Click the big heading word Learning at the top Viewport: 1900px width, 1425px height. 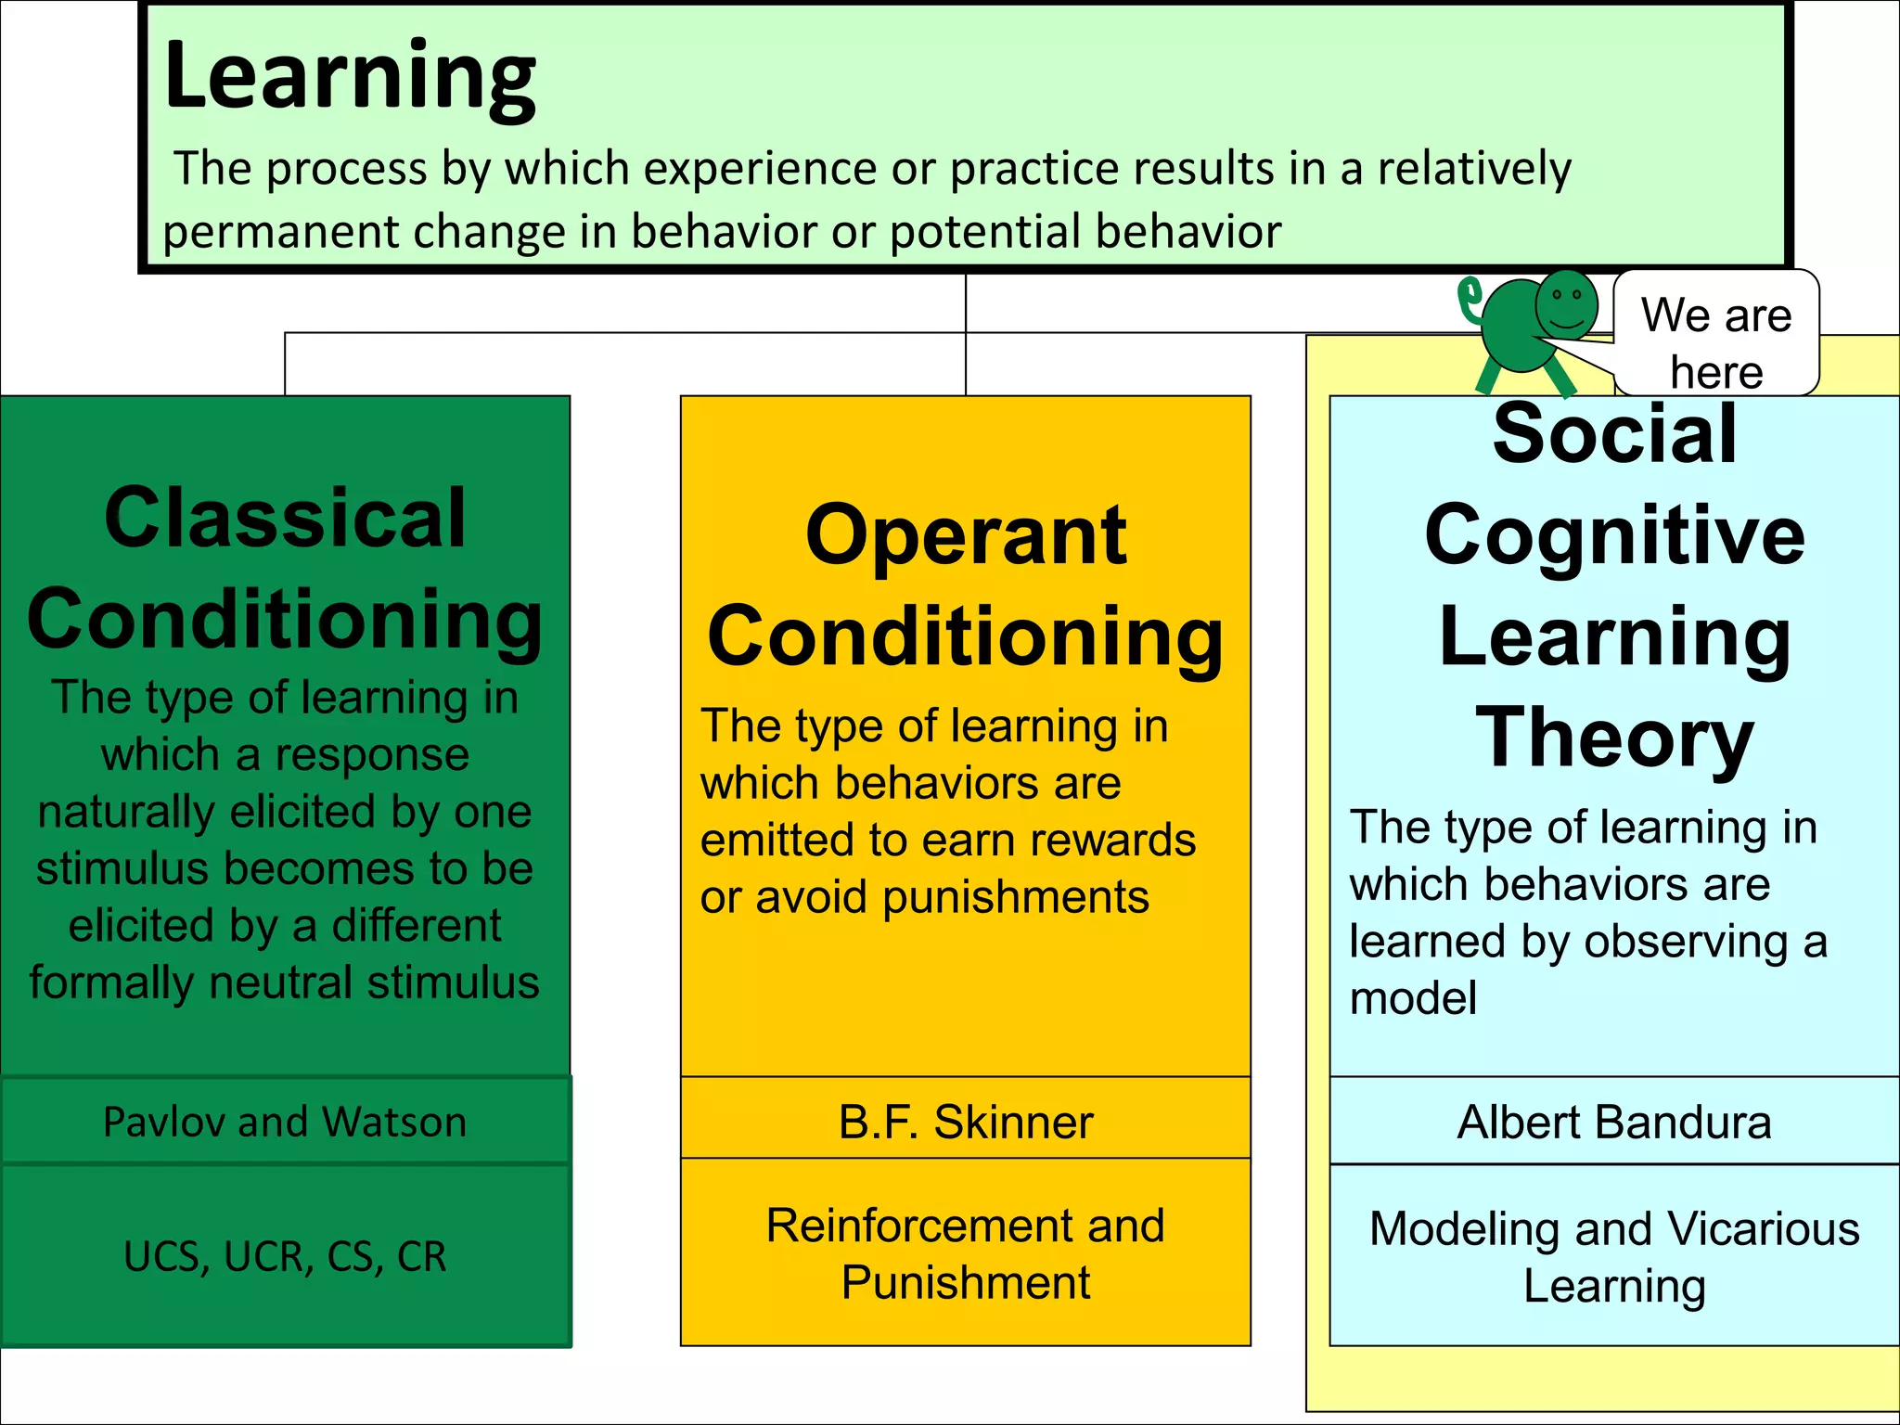tap(350, 78)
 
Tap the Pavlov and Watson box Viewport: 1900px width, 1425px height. tap(285, 1122)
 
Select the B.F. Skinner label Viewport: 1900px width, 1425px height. tap(965, 1122)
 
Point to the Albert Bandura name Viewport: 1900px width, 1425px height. tap(1614, 1122)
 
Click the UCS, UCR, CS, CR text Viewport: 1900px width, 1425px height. tap(285, 1256)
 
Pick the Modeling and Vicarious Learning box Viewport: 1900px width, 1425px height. tap(1614, 1257)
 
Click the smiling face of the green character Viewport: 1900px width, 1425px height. tap(1567, 304)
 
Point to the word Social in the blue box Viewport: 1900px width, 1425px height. tap(1614, 433)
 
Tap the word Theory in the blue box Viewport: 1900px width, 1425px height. tap(1614, 738)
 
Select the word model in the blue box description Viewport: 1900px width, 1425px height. tap(1412, 998)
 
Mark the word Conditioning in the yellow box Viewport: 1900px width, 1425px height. tap(965, 637)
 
